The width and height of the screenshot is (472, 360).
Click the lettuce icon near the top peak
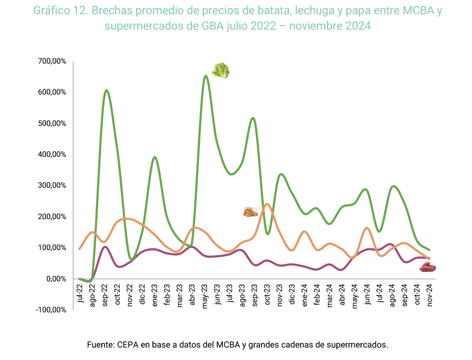click(221, 70)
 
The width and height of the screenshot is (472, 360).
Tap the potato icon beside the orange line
click(250, 212)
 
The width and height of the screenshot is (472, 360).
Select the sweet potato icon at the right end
click(428, 267)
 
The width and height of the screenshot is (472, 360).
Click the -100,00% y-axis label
click(52, 310)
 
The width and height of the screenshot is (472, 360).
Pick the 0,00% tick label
click(57, 279)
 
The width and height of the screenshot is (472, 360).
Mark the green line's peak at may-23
click(205, 76)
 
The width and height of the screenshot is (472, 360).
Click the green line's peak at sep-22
click(106, 90)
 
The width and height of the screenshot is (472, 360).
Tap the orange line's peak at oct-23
click(267, 204)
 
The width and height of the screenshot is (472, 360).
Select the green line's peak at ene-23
click(155, 157)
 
